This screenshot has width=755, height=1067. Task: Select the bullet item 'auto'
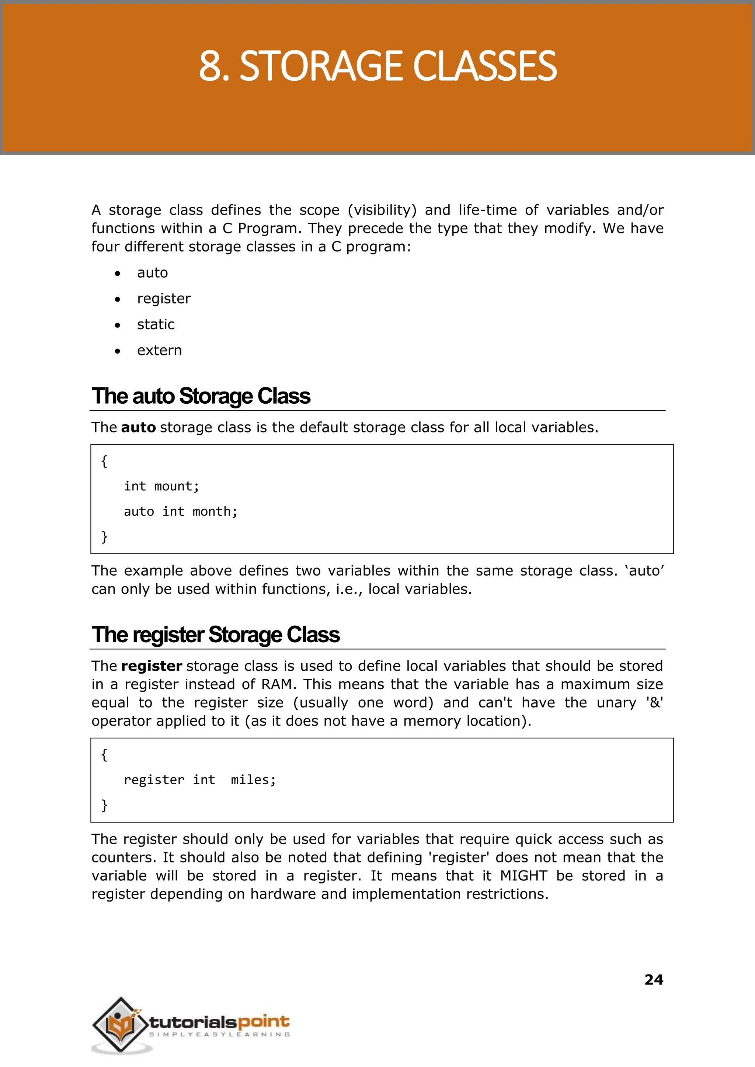coord(153,272)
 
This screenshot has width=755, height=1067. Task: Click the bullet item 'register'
coord(164,299)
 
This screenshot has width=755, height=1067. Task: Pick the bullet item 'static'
coord(156,324)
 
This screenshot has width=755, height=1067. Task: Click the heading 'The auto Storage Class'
coord(201,396)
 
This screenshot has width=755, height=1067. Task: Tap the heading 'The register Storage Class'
coord(216,635)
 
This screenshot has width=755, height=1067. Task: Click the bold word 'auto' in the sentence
coord(138,427)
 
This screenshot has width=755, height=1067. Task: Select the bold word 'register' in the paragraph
coord(152,666)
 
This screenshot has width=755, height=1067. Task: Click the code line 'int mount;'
coord(161,486)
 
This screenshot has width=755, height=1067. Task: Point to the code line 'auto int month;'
coord(180,511)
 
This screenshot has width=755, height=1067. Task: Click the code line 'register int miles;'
coord(200,780)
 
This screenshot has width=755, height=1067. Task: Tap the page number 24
coord(654,980)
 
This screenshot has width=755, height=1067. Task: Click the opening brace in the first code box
coord(104,461)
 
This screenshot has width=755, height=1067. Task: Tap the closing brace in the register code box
coord(104,805)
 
